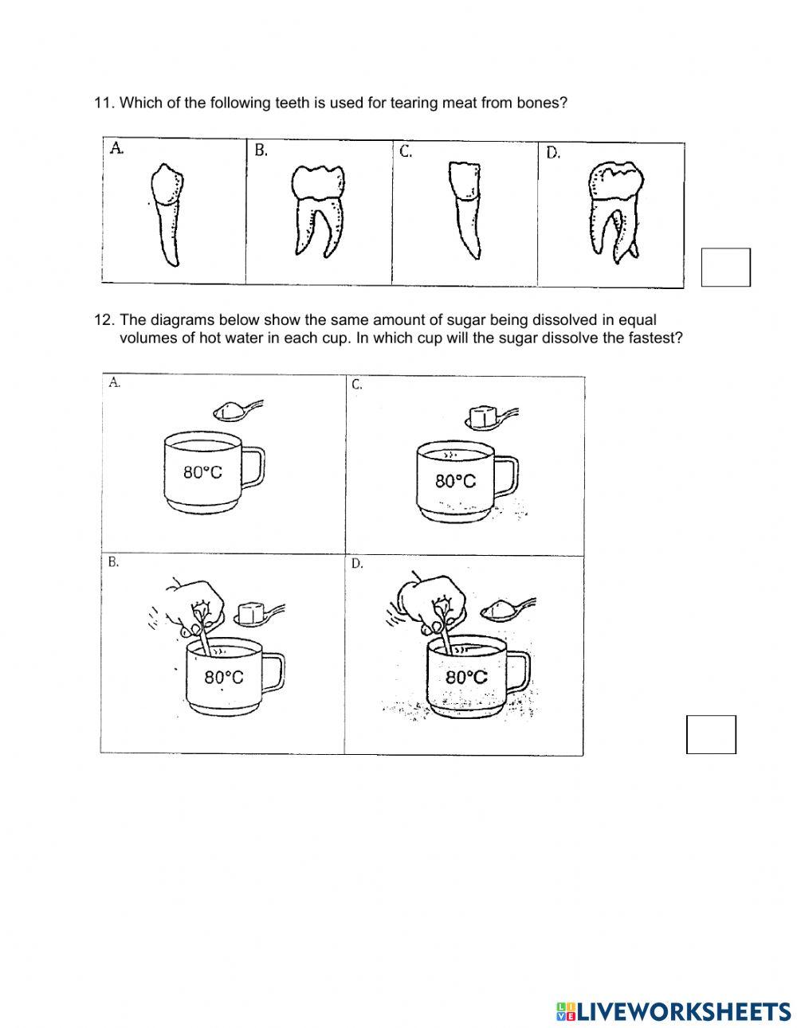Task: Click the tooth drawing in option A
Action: click(166, 216)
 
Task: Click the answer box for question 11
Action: click(725, 268)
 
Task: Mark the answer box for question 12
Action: click(711, 734)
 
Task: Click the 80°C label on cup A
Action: click(202, 471)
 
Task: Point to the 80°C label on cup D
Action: click(466, 677)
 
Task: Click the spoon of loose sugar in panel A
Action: click(235, 411)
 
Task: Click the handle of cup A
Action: click(253, 468)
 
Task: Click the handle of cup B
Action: click(273, 672)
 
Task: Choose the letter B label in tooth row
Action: click(261, 150)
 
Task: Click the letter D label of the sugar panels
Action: click(357, 564)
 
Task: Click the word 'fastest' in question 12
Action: click(658, 337)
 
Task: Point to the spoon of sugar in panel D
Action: click(501, 609)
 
